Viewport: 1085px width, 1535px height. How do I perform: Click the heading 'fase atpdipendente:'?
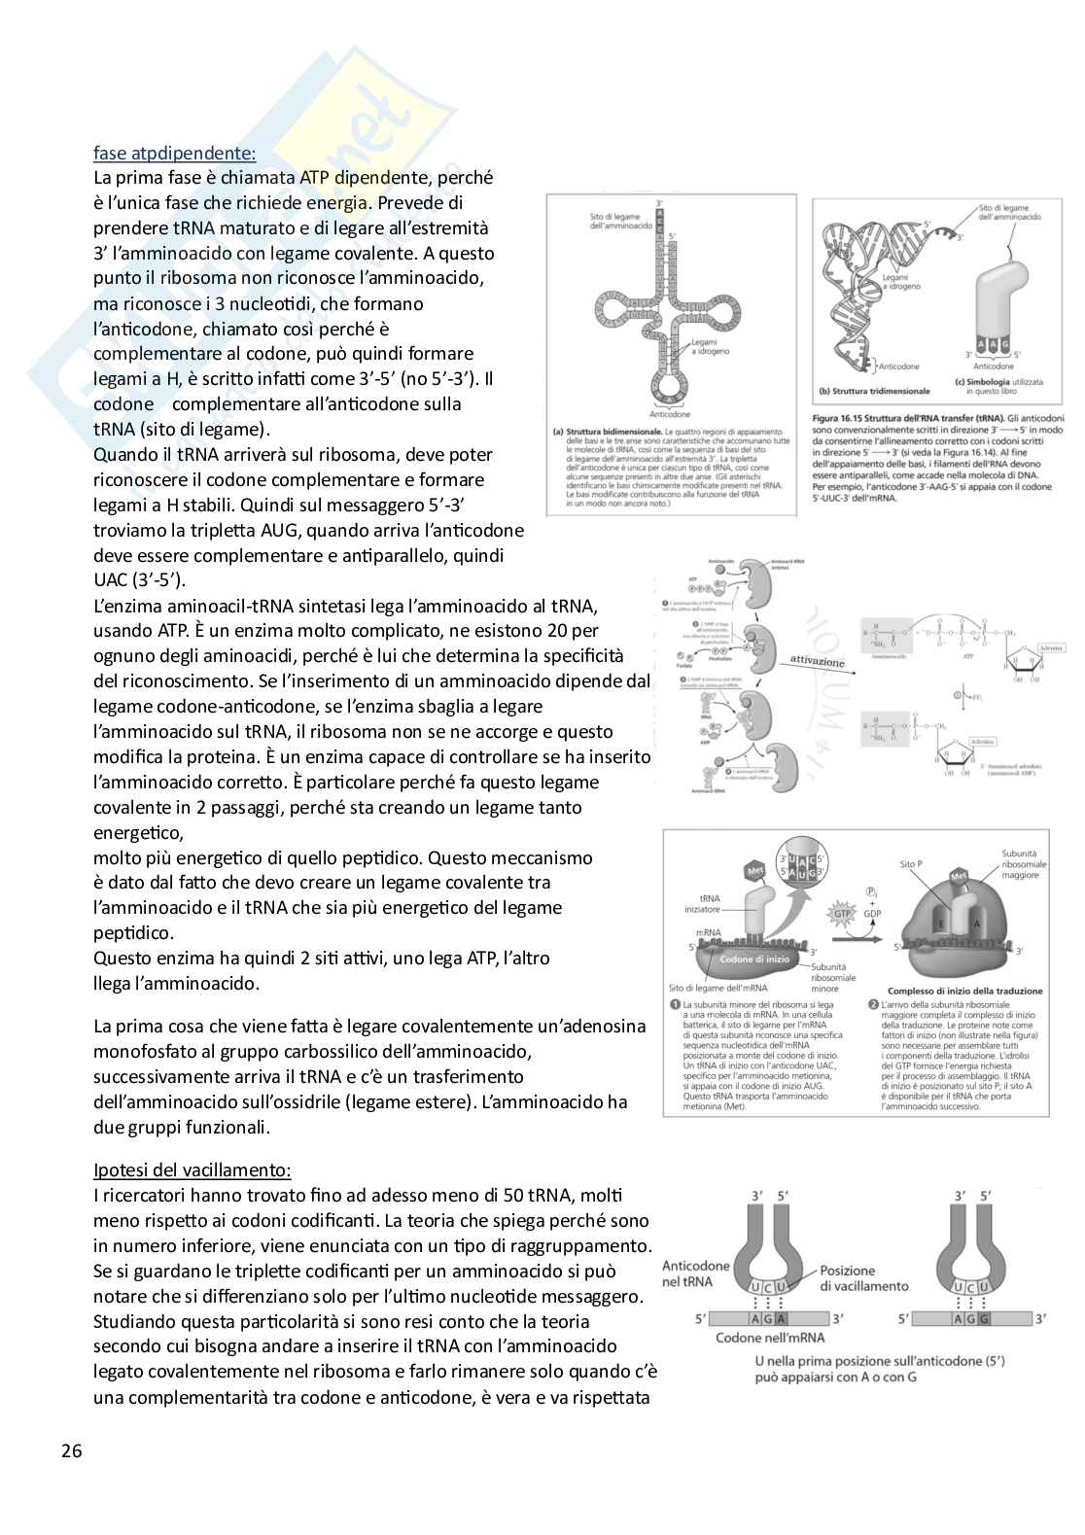coord(174,153)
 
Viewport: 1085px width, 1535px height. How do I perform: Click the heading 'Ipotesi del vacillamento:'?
coord(192,1169)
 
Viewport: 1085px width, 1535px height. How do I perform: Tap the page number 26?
coord(71,1452)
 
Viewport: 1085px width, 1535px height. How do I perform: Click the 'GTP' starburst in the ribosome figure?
coord(842,913)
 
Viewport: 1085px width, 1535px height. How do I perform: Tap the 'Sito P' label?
coord(912,863)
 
